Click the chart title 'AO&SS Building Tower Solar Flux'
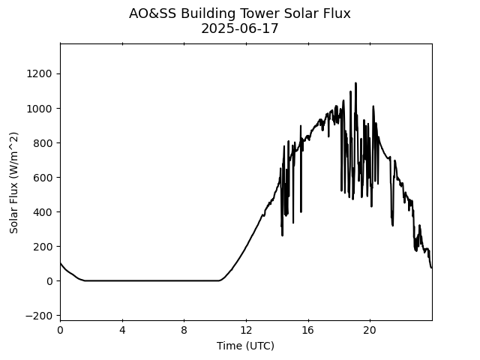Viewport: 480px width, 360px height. click(240, 13)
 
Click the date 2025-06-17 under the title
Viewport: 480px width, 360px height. click(240, 28)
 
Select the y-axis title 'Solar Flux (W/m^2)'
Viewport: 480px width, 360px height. click(13, 182)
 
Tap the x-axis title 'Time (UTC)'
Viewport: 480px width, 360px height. click(245, 346)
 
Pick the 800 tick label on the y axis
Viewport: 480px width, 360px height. click(42, 142)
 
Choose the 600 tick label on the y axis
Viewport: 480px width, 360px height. click(42, 177)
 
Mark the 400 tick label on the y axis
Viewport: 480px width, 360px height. click(42, 211)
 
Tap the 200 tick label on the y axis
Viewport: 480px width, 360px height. click(42, 246)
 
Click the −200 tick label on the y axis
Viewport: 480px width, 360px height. click(39, 316)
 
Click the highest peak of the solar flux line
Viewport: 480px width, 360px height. click(355, 83)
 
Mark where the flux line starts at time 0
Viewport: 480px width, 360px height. click(60, 262)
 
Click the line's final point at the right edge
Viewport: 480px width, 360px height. click(431, 268)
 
